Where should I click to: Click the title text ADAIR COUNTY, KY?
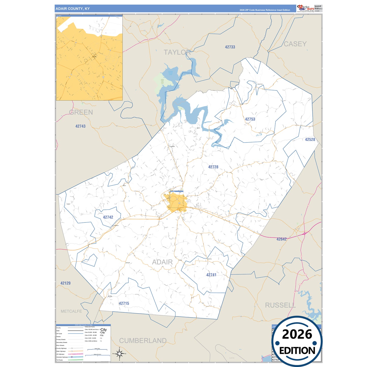coord(73,9)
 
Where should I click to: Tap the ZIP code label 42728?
coord(213,167)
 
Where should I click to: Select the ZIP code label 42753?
coord(250,119)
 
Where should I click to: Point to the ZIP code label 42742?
coord(108,217)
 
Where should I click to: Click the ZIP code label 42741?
coord(211,275)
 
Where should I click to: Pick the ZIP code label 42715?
coord(124,303)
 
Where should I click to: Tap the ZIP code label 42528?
coord(310,139)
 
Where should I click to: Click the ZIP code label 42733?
coord(230,47)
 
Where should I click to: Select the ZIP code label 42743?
coord(81,126)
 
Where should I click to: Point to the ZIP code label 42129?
coord(66,283)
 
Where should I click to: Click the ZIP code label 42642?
coord(281,239)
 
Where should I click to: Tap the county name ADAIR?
coord(162,262)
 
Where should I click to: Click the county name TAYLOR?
coord(177,52)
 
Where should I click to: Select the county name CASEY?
coord(295,44)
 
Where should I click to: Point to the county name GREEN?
coord(81,112)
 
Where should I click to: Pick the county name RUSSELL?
coord(280,305)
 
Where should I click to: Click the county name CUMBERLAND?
coord(143,341)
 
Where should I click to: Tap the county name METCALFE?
coord(71,311)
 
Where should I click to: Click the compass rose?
coord(119,353)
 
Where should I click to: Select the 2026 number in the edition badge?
coord(297,334)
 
